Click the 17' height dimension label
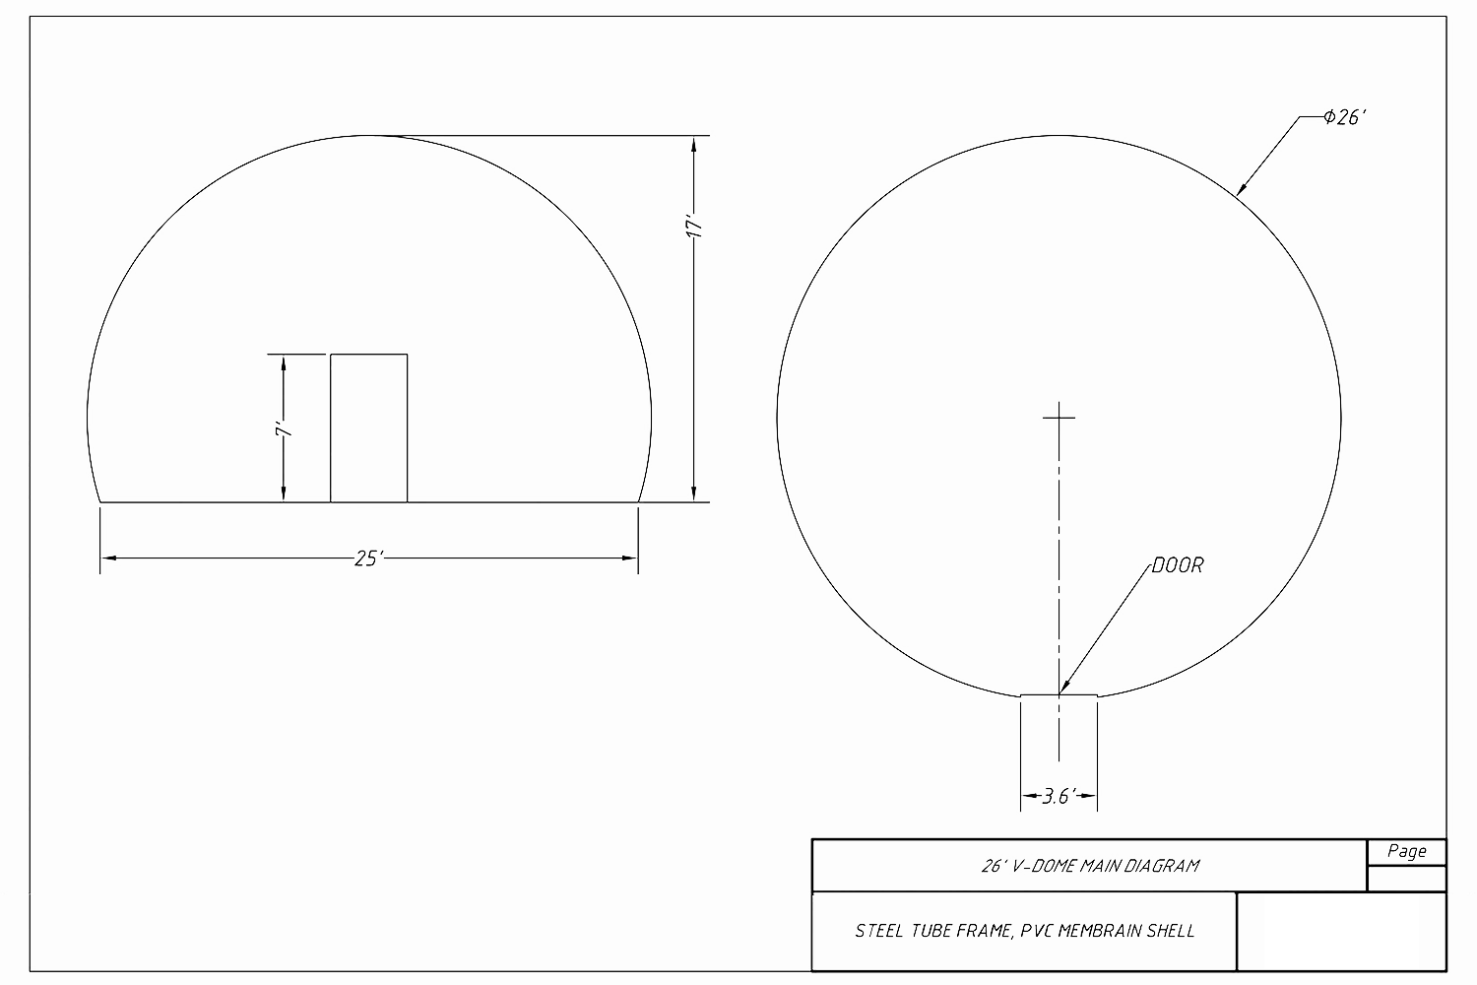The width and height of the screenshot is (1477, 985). coord(695,227)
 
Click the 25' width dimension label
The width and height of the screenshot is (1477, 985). coord(367,558)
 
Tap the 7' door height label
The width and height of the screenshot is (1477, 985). coord(283,431)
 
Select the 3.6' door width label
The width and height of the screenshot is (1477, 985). coord(1057,796)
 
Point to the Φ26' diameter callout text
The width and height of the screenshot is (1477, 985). coord(1346,117)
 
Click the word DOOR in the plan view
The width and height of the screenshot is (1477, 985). coord(1177,566)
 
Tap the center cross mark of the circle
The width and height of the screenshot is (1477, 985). coord(1059,417)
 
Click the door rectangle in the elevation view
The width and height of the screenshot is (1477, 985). coord(368,428)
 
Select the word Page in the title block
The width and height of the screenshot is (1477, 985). coord(1406,851)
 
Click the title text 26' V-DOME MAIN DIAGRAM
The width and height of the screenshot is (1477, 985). coord(1089,866)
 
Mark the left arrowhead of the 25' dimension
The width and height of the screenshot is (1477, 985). coord(108,558)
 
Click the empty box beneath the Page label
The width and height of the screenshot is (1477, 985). coord(1406,879)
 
